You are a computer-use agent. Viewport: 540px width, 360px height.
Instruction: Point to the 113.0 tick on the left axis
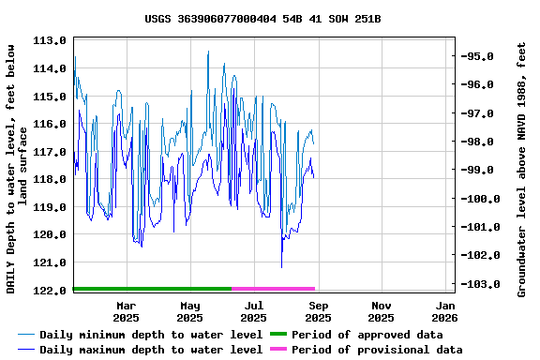click(x=50, y=41)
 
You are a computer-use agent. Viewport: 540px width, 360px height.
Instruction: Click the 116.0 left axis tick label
click(x=50, y=124)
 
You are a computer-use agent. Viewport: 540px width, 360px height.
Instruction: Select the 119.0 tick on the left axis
click(x=50, y=207)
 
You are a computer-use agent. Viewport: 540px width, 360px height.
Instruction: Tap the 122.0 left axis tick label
click(x=50, y=291)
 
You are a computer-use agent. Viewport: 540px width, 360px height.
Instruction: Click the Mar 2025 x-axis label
click(x=127, y=311)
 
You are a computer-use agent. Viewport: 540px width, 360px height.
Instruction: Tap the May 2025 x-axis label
click(x=190, y=311)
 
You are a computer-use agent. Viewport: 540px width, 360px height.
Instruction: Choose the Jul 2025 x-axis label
click(x=254, y=311)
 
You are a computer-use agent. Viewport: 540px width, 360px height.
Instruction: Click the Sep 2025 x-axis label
click(x=318, y=311)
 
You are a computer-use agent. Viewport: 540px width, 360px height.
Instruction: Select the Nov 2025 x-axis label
click(x=382, y=311)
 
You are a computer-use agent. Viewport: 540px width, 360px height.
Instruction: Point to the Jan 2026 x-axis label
click(x=445, y=311)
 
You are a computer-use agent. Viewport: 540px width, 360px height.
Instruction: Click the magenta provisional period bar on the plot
click(x=273, y=289)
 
